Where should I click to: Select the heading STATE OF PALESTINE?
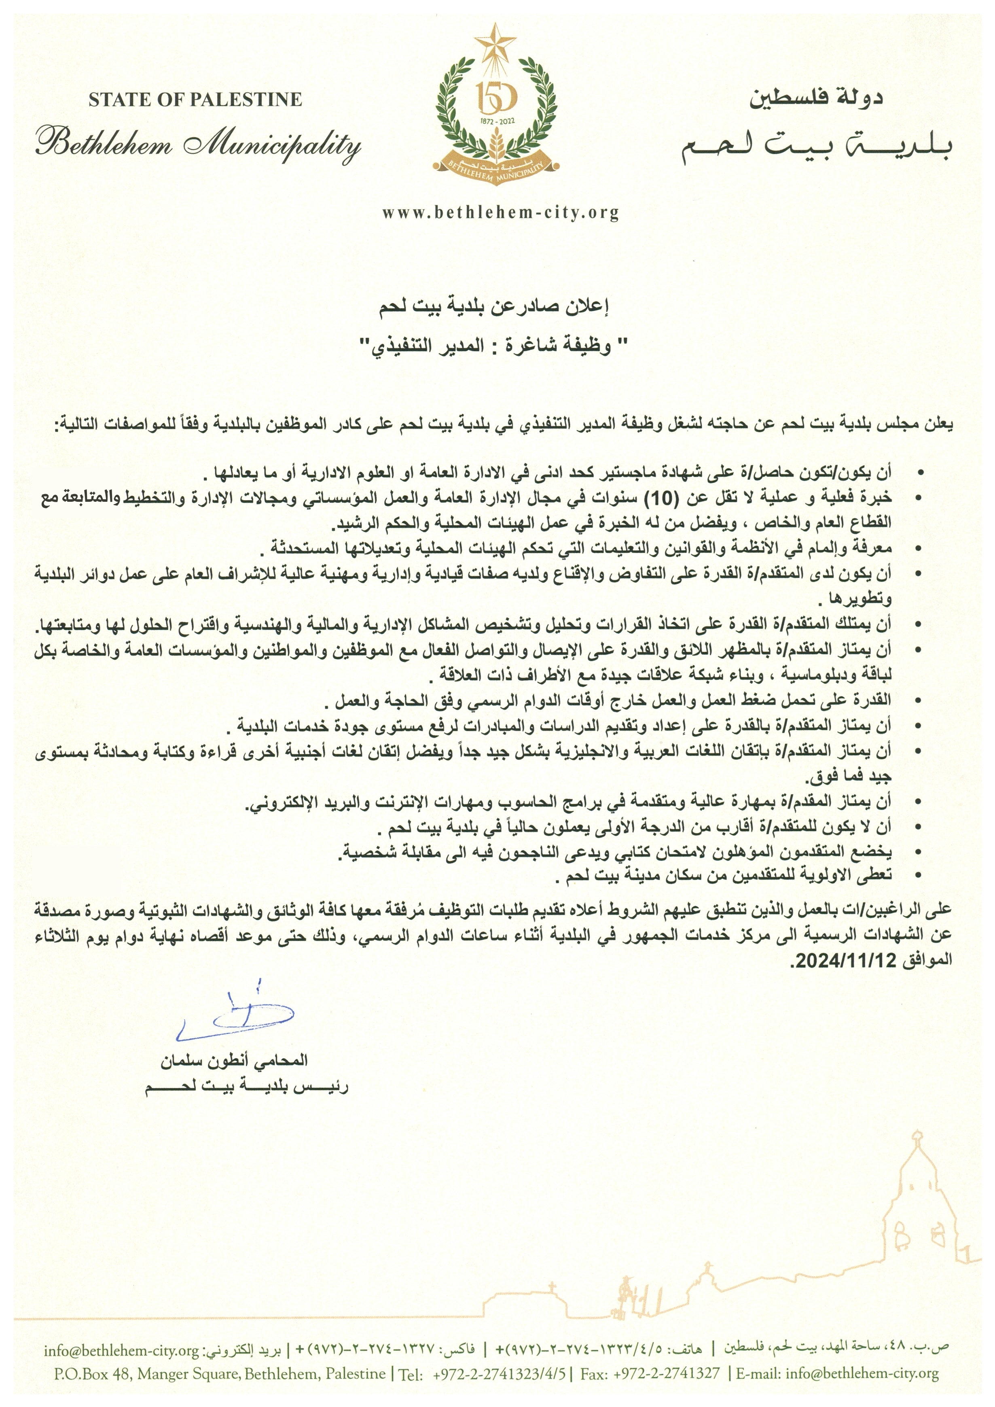point(195,100)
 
